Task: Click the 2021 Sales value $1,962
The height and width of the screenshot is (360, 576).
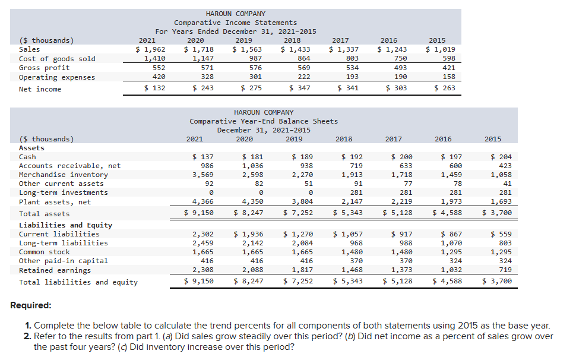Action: point(151,49)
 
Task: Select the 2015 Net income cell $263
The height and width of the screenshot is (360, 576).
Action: point(444,89)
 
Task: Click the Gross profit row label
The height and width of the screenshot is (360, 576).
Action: point(44,68)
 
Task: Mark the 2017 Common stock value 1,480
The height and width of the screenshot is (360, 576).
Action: point(400,252)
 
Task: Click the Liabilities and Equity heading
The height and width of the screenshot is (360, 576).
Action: point(65,225)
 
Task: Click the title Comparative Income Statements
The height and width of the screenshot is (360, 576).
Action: point(236,23)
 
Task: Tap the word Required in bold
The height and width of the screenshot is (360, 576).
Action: point(31,305)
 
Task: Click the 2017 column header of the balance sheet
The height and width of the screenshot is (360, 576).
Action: point(393,139)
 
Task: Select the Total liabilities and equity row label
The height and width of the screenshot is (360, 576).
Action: point(78,282)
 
